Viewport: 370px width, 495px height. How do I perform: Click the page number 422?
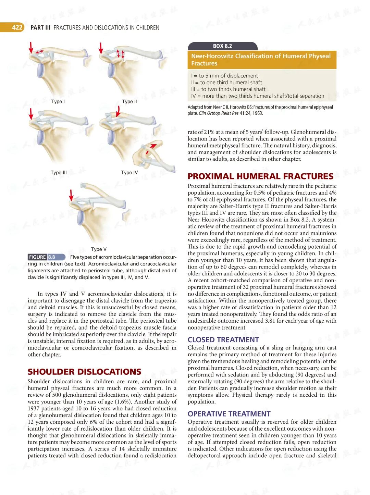coord(17,27)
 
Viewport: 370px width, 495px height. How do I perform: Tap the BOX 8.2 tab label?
coord(222,46)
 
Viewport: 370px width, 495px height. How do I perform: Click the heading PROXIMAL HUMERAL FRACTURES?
coord(260,176)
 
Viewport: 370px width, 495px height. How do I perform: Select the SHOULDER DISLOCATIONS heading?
coord(84,372)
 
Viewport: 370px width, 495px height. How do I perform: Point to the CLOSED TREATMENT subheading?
coord(223,340)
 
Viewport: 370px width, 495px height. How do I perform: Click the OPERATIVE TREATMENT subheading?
coord(229,414)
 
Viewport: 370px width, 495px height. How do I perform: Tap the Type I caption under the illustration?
coord(58,101)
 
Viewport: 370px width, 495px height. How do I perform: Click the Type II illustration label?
coord(129,101)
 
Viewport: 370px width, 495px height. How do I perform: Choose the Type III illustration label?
coord(59,173)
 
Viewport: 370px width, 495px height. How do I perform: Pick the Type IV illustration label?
coord(129,173)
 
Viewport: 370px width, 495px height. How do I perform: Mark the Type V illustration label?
coord(99,249)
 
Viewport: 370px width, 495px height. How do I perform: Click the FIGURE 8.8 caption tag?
coord(46,257)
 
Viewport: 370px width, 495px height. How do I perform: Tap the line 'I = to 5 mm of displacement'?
coord(224,76)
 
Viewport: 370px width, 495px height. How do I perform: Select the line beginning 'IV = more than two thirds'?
coord(257,96)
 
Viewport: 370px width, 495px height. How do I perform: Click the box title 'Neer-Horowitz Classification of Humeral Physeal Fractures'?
coord(261,60)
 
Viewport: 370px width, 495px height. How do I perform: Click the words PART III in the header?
coord(40,28)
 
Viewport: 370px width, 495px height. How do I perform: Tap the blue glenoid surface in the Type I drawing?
coord(40,70)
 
